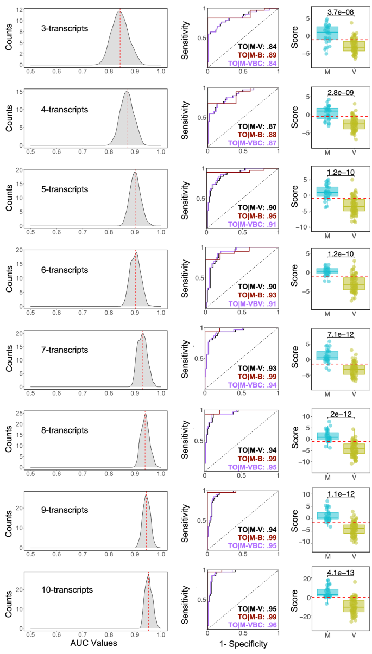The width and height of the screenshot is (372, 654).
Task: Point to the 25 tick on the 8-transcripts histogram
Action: coord(20,414)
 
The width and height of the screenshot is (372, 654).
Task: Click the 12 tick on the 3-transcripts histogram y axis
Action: coord(20,10)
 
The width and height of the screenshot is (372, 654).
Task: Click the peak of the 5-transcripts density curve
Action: coord(135,172)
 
